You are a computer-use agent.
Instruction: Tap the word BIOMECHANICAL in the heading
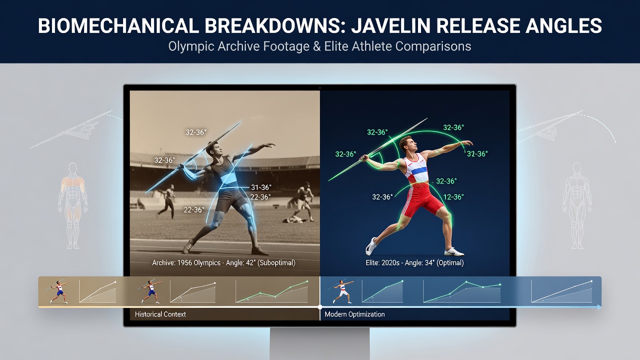[118, 25]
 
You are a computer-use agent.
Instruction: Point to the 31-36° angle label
[261, 187]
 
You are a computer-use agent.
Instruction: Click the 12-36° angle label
[453, 197]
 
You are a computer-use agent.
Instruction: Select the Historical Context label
[160, 314]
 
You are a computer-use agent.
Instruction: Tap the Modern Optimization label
[354, 314]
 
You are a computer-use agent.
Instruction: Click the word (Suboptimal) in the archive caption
[276, 262]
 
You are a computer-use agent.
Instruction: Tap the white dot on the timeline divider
[320, 307]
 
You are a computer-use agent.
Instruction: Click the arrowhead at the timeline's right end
[599, 307]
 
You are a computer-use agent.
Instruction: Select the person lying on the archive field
[295, 219]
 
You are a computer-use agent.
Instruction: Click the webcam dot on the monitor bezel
[319, 87]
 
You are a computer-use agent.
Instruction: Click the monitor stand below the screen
[319, 343]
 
